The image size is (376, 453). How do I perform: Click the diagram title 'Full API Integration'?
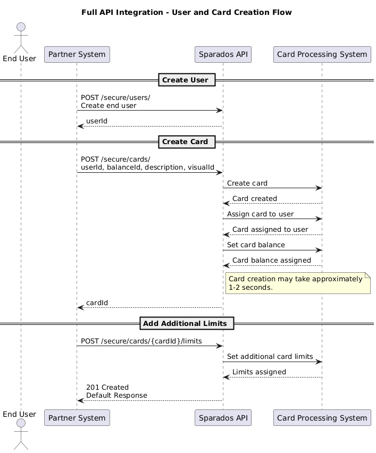(122, 12)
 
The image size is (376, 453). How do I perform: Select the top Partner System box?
(77, 54)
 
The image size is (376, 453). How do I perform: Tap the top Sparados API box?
(223, 54)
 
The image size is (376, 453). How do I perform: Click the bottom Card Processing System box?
(322, 418)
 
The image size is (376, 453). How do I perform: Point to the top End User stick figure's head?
(21, 27)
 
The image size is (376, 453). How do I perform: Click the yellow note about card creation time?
(298, 283)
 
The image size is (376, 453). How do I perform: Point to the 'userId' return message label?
(97, 121)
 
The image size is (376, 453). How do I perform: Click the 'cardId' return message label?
(97, 303)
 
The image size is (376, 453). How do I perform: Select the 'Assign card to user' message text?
(260, 214)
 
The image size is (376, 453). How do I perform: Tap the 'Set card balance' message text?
(256, 245)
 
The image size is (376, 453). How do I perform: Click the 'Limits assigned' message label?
(259, 372)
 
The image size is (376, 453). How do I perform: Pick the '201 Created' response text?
(107, 388)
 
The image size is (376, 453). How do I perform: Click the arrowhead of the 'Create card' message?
(319, 188)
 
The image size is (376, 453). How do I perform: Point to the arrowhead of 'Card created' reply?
(226, 204)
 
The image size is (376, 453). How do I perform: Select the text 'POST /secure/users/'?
(115, 98)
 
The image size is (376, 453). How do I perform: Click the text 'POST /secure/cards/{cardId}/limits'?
(141, 341)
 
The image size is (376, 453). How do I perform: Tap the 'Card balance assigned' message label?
(272, 261)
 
